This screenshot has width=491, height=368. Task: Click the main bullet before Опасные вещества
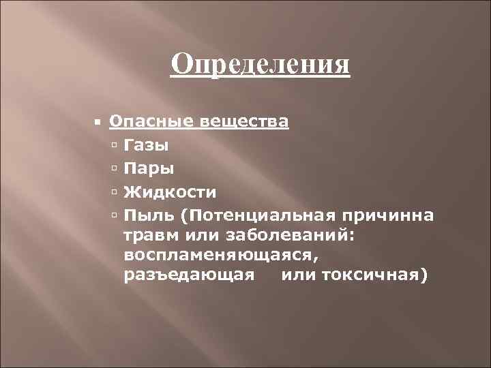98,123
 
